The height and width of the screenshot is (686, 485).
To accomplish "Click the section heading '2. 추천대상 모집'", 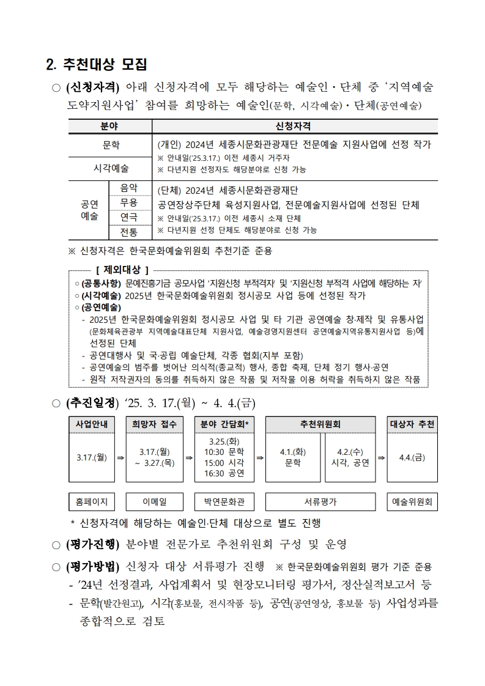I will click(97, 64).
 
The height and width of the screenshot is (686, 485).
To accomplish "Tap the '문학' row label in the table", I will click(111, 146).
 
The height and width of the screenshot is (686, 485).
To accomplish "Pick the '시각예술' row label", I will click(111, 168).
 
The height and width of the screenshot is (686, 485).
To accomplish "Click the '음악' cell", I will click(129, 188).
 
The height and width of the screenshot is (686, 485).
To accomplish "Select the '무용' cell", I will click(129, 202).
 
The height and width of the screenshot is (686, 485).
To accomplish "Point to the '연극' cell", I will click(129, 217).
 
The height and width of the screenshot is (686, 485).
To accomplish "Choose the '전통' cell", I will click(129, 232).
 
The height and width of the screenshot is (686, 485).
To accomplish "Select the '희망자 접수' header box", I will click(154, 424).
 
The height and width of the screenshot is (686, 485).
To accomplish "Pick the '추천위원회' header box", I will click(320, 424).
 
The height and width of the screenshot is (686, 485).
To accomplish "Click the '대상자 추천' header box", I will click(412, 424).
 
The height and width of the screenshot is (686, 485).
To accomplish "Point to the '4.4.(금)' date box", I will click(412, 457).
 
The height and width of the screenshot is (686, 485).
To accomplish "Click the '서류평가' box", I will click(320, 502).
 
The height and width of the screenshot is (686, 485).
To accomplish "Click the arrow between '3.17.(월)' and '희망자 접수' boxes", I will click(120, 457).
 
